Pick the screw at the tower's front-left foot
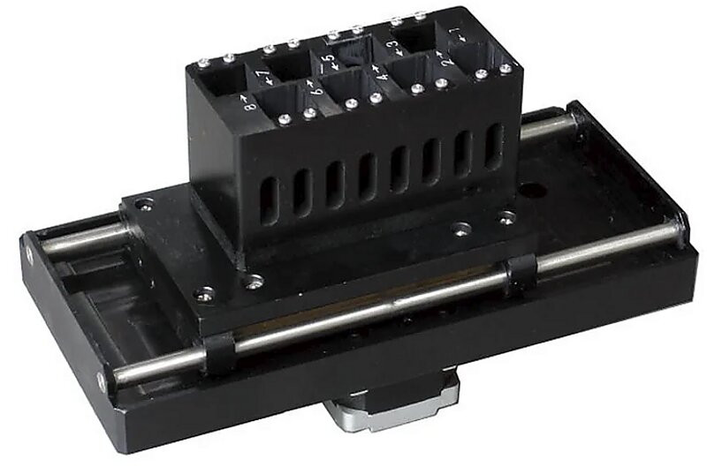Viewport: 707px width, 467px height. click(255, 282)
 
